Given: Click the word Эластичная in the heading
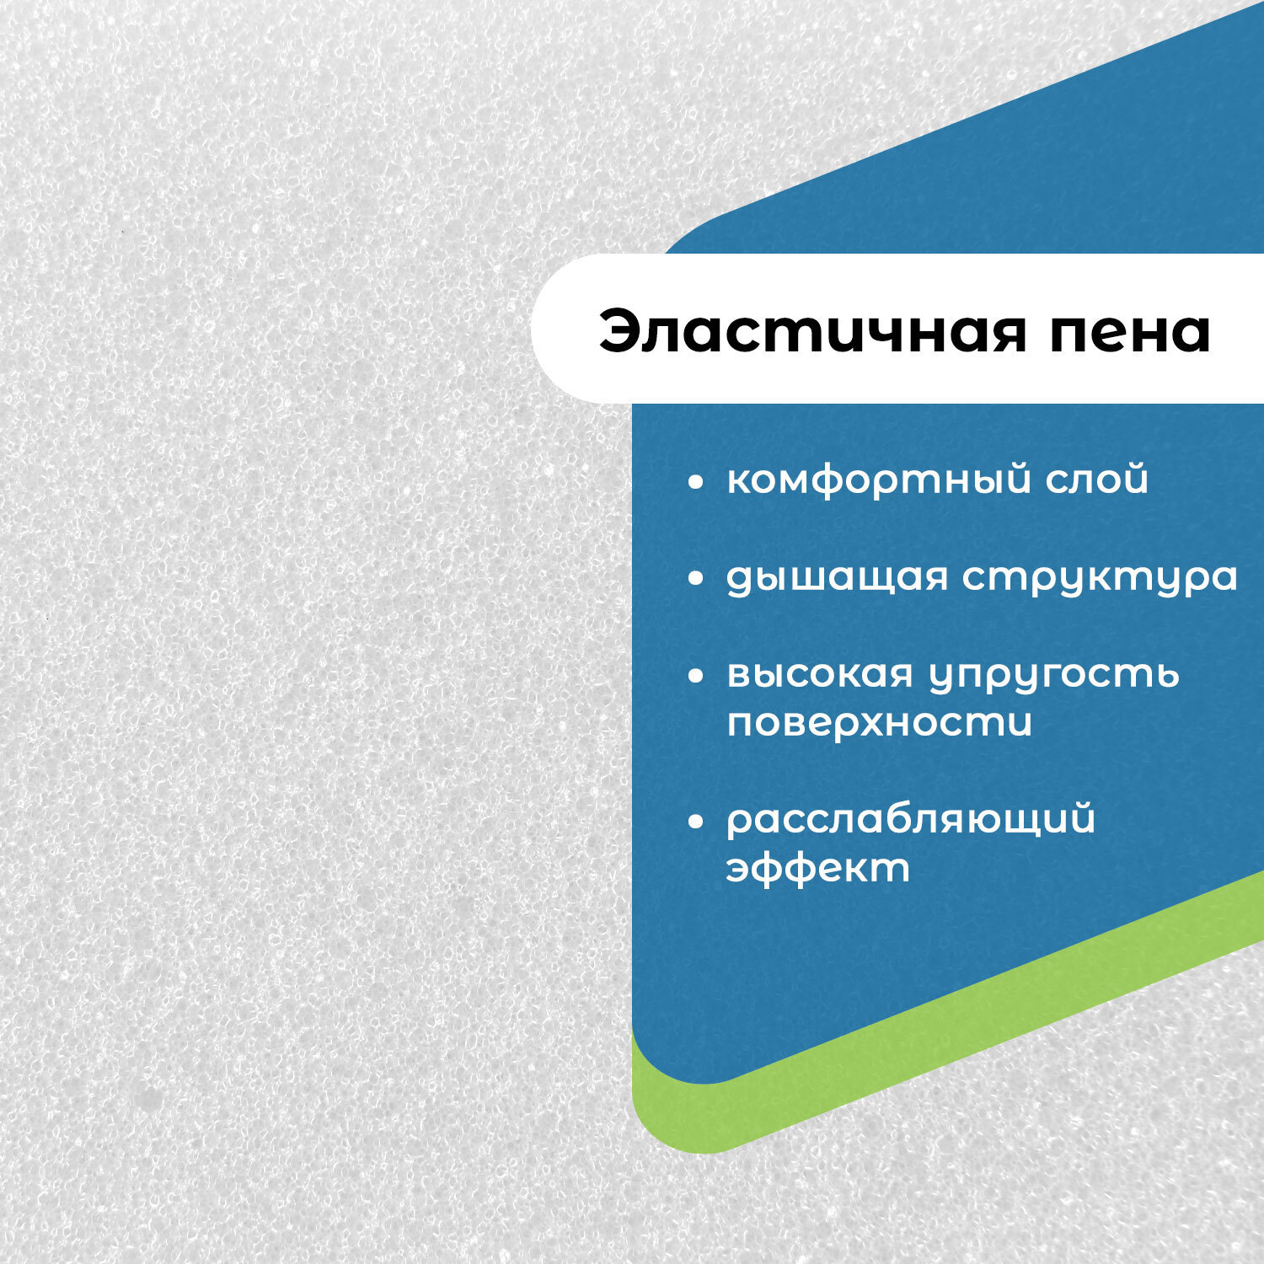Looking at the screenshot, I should [813, 332].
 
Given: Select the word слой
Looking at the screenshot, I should [1097, 479].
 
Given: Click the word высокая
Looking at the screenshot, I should [820, 674].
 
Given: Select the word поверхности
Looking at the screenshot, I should [879, 723].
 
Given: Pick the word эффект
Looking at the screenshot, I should [818, 868].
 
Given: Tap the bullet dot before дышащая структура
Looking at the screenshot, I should [695, 579].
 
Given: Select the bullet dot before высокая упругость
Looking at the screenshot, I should [695, 676].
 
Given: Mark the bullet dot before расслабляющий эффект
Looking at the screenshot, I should [695, 822].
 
